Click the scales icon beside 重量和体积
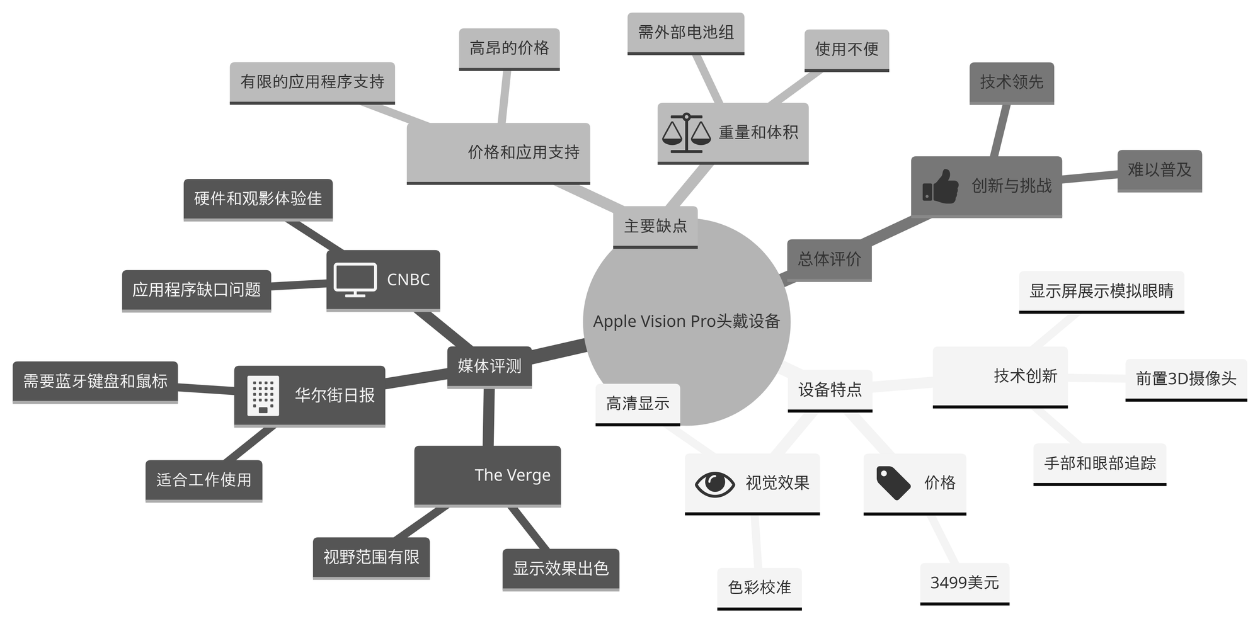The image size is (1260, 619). [x=686, y=133]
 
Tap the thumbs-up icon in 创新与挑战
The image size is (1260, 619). [x=940, y=186]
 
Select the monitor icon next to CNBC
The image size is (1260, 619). [x=355, y=280]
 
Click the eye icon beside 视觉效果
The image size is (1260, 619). [x=714, y=484]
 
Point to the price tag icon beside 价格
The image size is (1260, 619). [x=893, y=483]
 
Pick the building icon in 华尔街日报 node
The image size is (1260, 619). [x=263, y=396]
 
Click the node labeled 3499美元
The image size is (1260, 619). [x=965, y=583]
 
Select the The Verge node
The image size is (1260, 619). [x=487, y=475]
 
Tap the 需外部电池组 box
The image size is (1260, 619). [x=685, y=33]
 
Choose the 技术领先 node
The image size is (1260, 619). [x=1011, y=82]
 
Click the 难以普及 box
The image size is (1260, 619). [x=1159, y=170]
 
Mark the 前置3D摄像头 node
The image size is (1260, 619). [x=1186, y=378]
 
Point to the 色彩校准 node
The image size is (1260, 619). [x=759, y=588]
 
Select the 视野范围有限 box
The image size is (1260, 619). [x=371, y=557]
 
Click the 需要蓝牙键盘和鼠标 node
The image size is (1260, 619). [x=95, y=381]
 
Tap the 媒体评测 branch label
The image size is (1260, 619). [x=490, y=366]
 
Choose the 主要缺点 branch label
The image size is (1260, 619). [x=655, y=226]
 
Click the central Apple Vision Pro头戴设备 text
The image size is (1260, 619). [x=686, y=322]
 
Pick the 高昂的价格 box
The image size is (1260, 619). [x=509, y=48]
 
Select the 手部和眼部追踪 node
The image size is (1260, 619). [x=1099, y=463]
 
